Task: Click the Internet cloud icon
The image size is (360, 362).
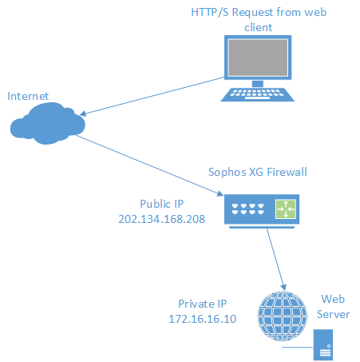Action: tap(48, 123)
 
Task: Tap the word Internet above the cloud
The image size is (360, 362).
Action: tap(28, 96)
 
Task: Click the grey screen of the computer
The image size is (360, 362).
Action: tap(258, 58)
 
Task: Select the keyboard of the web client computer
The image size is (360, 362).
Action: tap(258, 94)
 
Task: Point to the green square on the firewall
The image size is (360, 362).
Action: tap(286, 209)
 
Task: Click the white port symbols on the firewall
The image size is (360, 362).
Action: tap(247, 209)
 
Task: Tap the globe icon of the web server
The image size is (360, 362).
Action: tap(283, 316)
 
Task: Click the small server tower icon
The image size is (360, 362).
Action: tap(323, 344)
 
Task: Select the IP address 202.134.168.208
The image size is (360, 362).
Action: tap(162, 219)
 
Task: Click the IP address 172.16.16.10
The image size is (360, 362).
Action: tap(203, 319)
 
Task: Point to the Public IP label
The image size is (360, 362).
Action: tap(162, 204)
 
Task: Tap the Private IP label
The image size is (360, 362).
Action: tap(203, 304)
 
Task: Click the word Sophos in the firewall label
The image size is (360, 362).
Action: tap(227, 172)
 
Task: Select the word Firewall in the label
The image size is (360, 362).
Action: tap(287, 172)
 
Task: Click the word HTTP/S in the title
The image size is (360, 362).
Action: tap(210, 12)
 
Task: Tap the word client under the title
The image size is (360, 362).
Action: tap(258, 27)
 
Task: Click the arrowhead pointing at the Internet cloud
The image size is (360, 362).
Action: tap(83, 113)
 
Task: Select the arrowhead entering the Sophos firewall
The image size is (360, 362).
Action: tap(220, 193)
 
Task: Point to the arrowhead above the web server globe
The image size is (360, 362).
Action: tap(283, 288)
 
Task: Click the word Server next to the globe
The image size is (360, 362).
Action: tap(333, 314)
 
